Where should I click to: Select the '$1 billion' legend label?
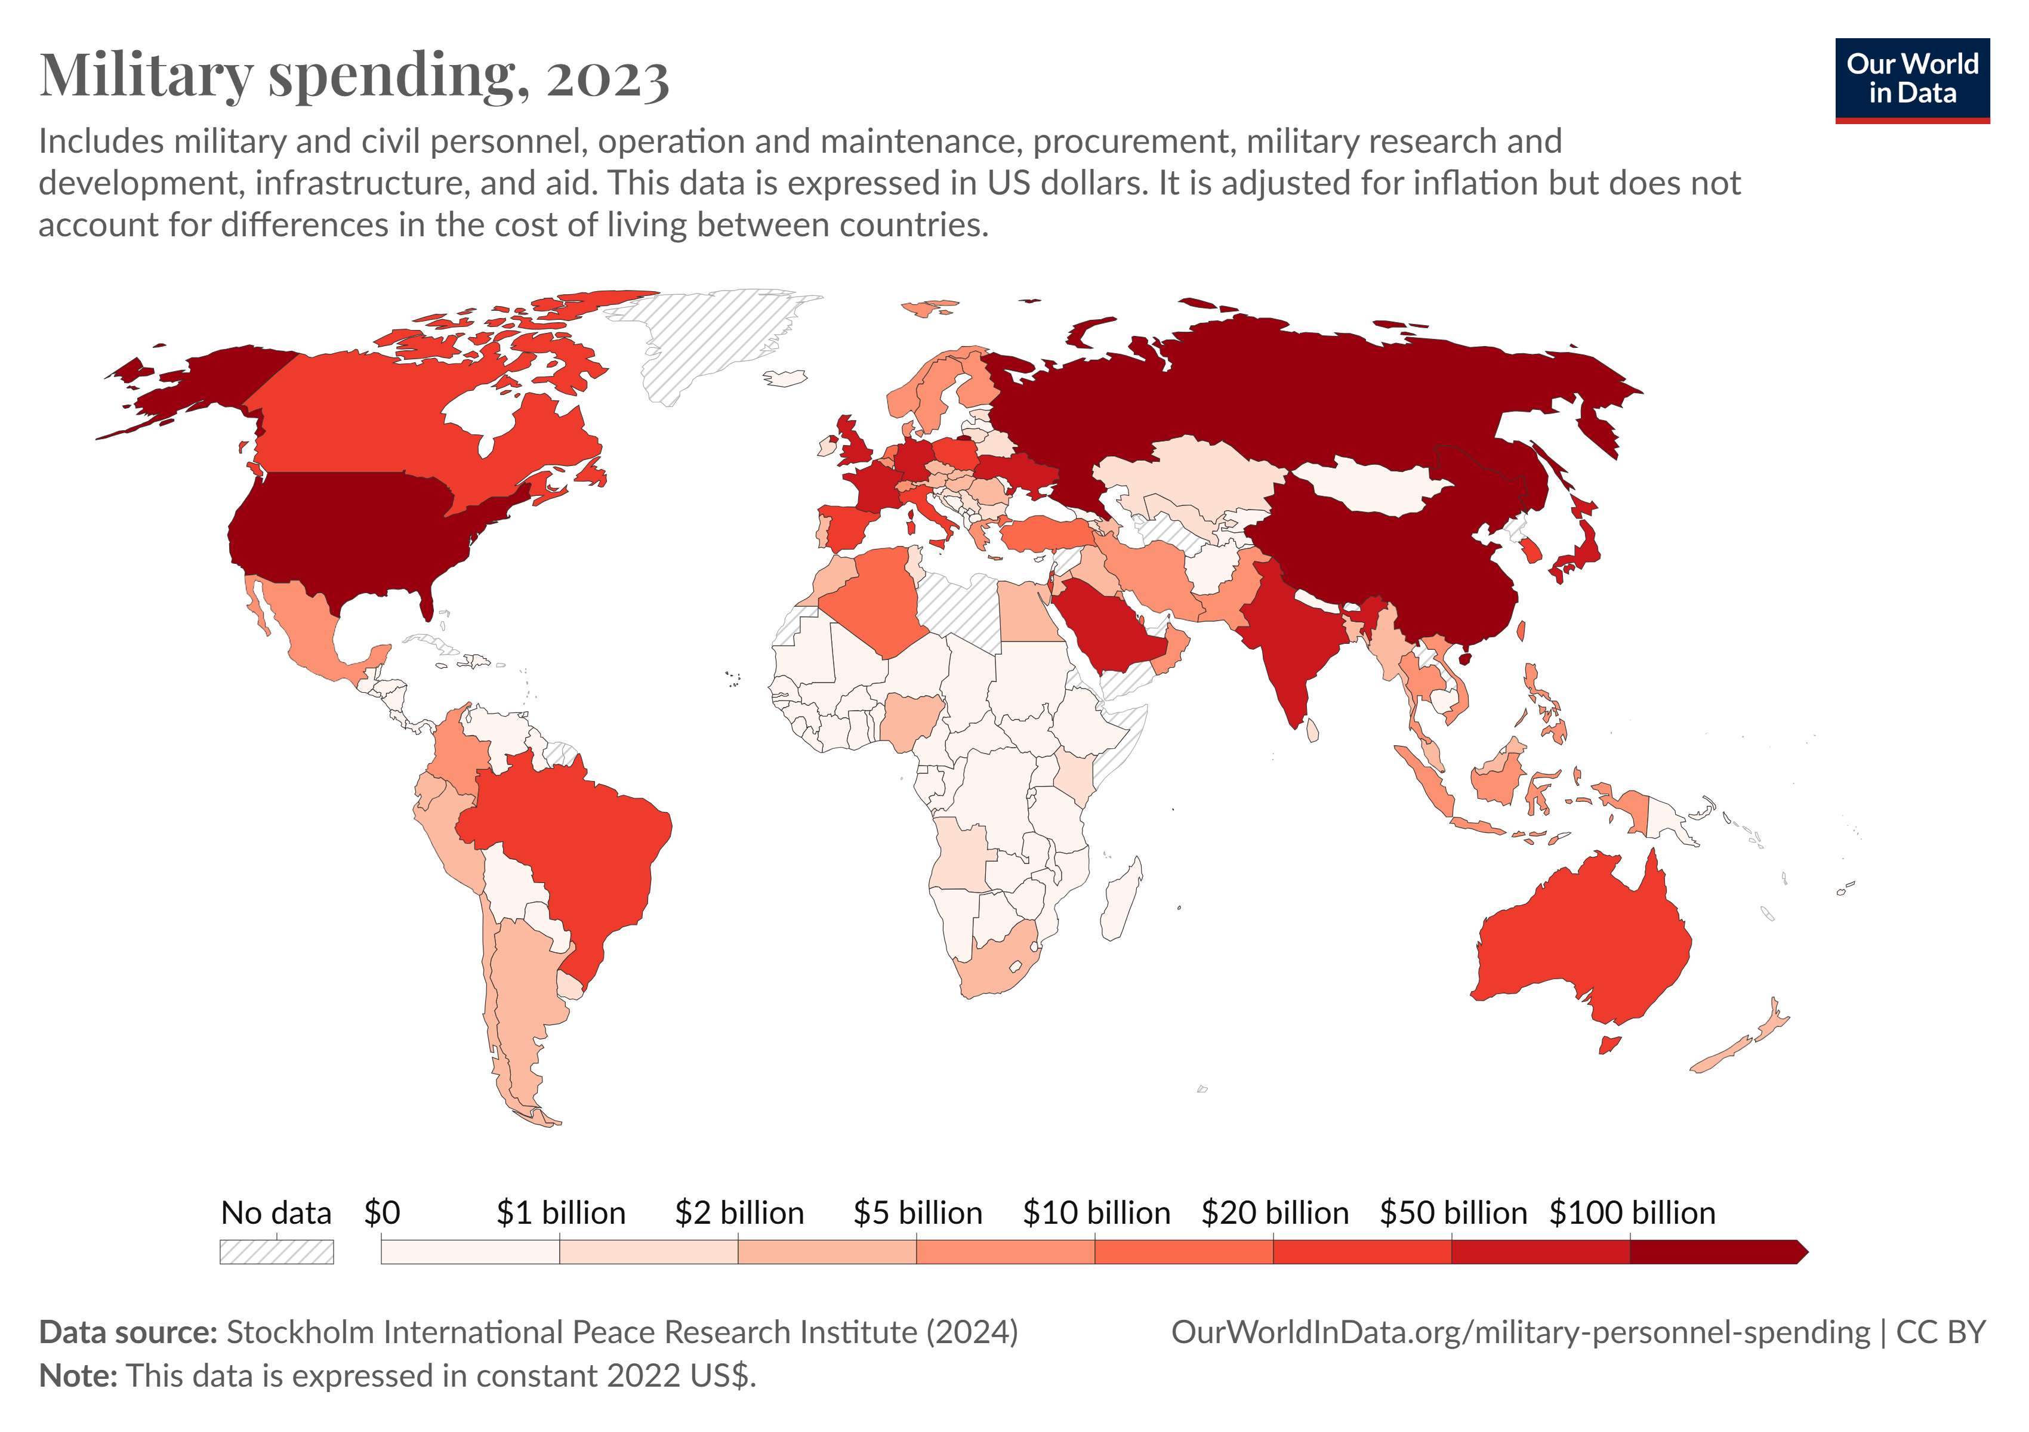point(560,1213)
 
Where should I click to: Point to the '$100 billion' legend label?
point(1632,1213)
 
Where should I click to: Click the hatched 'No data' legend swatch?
point(277,1252)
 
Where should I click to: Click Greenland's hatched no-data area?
point(707,340)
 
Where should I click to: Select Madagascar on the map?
point(1121,899)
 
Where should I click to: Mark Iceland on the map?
point(785,378)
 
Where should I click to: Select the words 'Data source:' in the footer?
point(128,1332)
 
